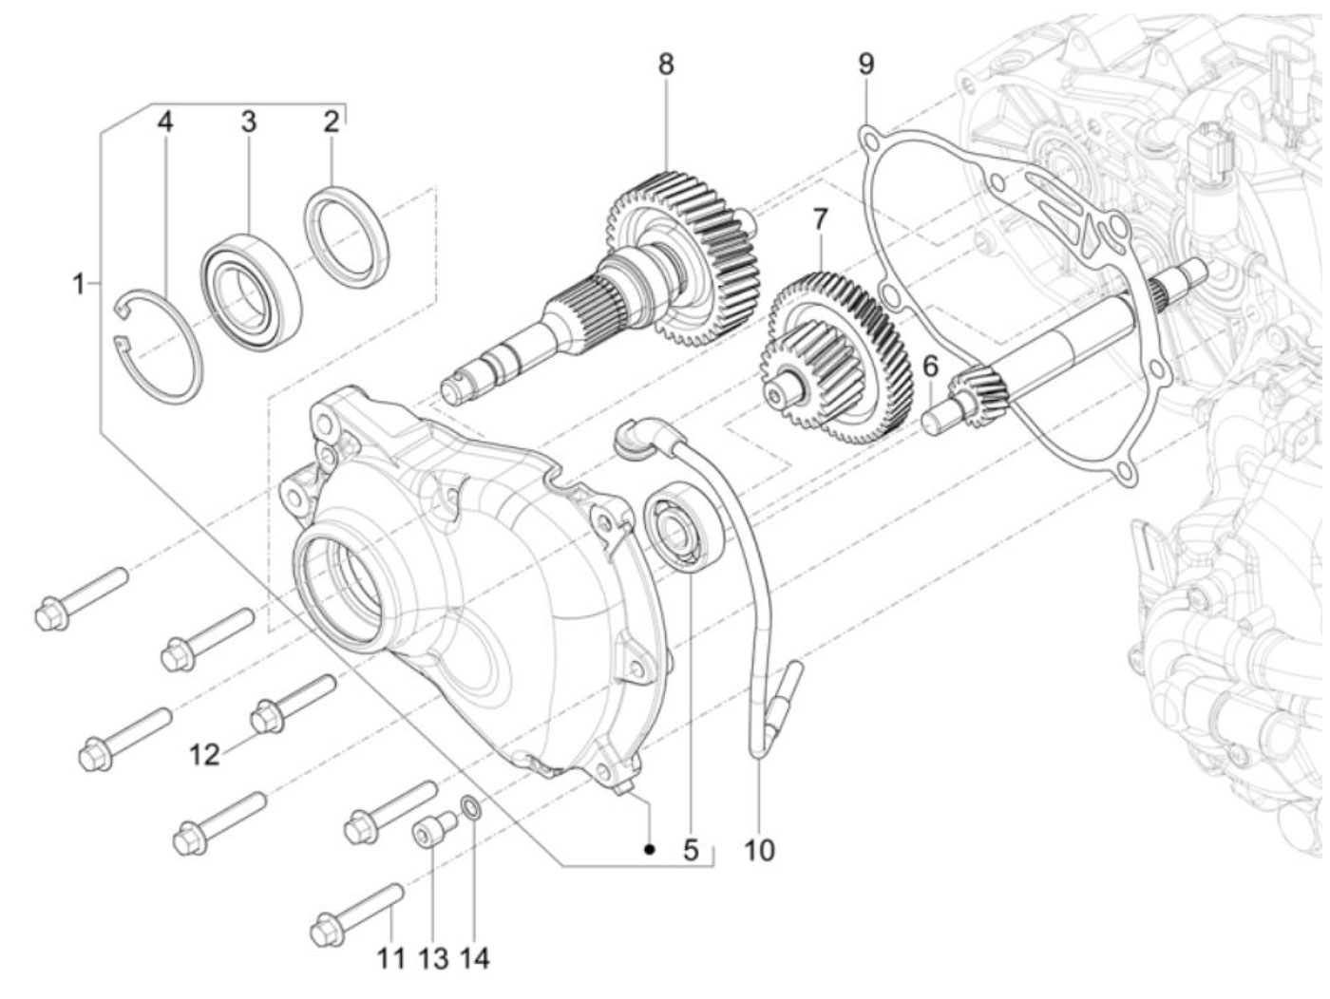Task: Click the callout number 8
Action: (666, 64)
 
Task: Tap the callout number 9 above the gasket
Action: (866, 64)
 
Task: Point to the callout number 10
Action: (759, 850)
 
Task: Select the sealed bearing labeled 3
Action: (252, 292)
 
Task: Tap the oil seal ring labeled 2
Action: (347, 236)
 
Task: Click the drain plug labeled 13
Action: (434, 827)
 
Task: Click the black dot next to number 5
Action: (650, 850)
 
